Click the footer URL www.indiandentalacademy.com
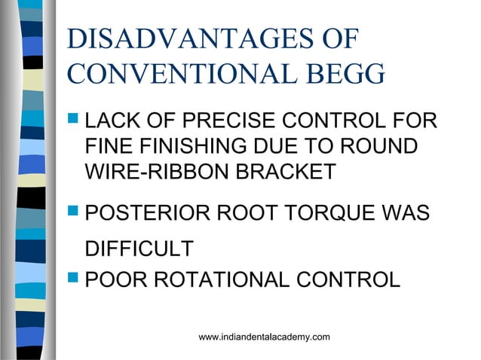tap(264, 337)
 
